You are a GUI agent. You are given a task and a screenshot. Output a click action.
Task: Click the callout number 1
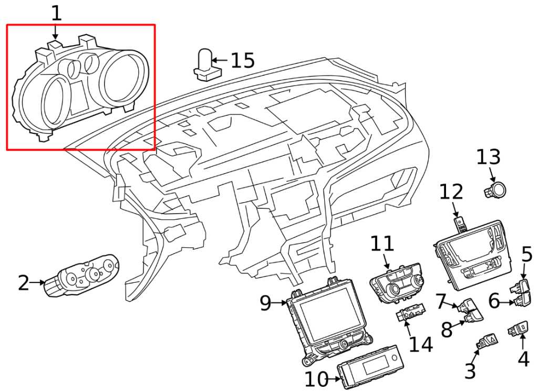pos(56,14)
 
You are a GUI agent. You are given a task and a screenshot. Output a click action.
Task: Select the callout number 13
pos(488,157)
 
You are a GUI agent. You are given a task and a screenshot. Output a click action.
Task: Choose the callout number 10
pos(316,379)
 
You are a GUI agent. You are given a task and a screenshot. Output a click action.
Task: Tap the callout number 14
pos(421,345)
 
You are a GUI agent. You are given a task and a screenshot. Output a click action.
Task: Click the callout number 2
pos(24,283)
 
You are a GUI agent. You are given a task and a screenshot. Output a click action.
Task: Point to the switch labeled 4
pos(517,330)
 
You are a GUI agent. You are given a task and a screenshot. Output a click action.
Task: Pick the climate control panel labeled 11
pos(397,282)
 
